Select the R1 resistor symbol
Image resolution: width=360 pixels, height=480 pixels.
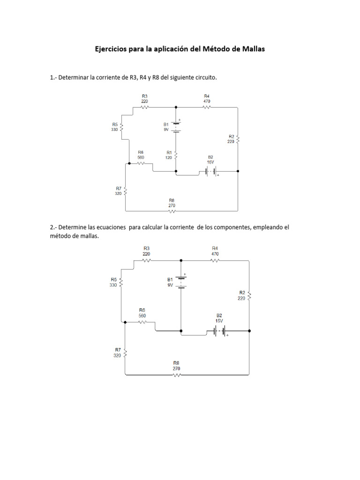point(176,155)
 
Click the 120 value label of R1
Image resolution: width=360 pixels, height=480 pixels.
point(169,158)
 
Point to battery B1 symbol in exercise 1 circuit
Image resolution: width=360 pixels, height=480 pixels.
point(176,127)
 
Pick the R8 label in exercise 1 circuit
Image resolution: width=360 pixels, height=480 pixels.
point(172,200)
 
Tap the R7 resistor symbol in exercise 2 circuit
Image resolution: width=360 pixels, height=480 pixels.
point(125,353)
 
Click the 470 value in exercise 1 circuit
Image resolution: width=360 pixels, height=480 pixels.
point(207,101)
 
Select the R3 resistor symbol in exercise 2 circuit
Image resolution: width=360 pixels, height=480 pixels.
point(147,260)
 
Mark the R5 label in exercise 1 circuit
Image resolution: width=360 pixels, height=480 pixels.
point(115,125)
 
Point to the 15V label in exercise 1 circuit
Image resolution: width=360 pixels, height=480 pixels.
point(210,162)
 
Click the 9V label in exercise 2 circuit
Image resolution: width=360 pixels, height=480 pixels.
point(170,284)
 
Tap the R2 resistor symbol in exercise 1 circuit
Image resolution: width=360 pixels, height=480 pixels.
point(238,139)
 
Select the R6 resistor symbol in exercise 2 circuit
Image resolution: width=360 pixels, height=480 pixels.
point(142,322)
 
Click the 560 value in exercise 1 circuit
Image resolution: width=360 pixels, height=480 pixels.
point(141,157)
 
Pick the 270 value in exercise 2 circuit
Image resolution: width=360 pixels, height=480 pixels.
point(176,368)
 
